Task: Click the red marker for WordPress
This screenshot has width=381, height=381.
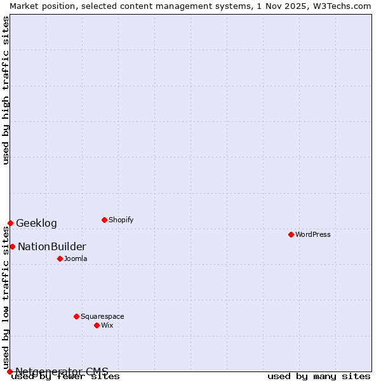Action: (291, 234)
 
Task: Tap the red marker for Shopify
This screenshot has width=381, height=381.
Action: (104, 220)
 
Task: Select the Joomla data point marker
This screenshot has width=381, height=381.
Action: (60, 258)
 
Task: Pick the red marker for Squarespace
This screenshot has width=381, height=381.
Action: (76, 316)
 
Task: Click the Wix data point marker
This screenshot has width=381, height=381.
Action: (97, 325)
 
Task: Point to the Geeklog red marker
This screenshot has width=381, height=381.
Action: (10, 223)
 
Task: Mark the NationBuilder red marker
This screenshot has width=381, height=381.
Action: (12, 246)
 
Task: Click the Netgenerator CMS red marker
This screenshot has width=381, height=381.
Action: (10, 371)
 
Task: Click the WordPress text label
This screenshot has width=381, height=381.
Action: (313, 234)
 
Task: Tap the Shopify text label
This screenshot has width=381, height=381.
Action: (121, 220)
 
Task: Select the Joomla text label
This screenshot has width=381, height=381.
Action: (76, 258)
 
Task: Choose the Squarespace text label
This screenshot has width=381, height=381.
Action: (102, 316)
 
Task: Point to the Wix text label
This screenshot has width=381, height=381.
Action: (107, 325)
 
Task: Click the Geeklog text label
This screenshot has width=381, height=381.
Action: (36, 223)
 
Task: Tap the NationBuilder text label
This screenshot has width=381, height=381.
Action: (52, 246)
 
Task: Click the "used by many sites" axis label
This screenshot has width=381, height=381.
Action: (319, 377)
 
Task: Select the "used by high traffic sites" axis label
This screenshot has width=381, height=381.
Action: (6, 90)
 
